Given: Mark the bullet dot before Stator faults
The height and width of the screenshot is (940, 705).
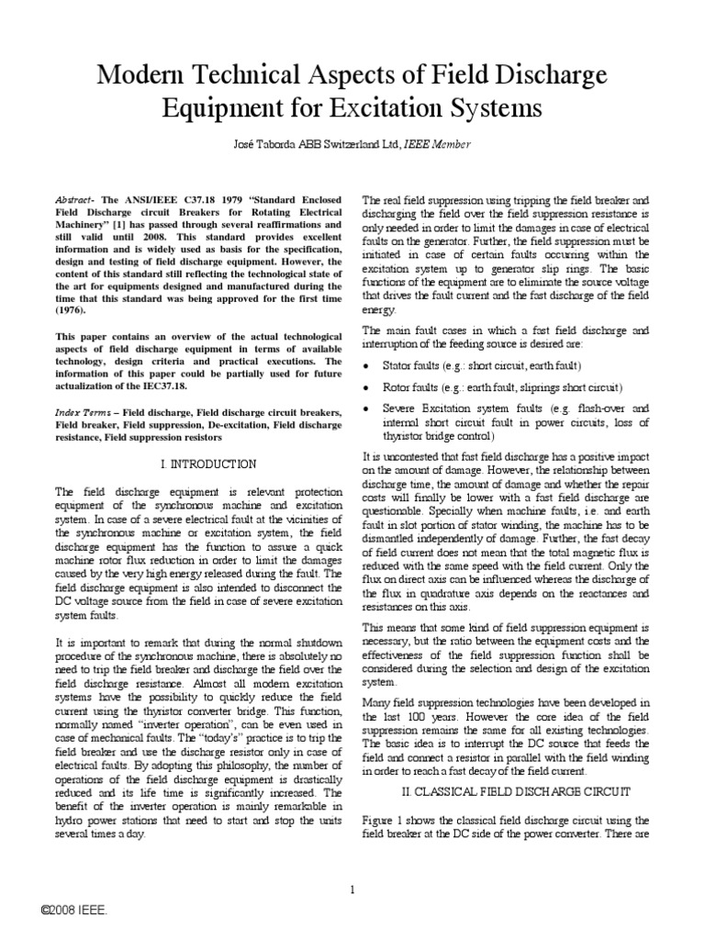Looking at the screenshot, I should pos(367,365).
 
